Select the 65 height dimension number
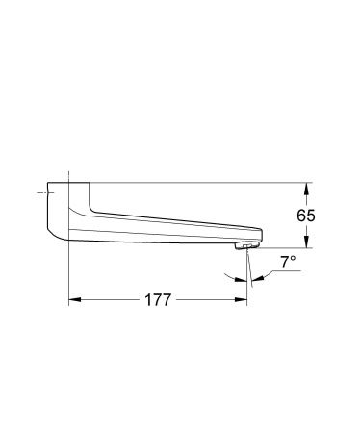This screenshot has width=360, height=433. (x=306, y=216)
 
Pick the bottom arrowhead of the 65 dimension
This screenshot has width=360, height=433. (x=306, y=243)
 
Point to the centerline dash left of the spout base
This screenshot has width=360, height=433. (x=41, y=195)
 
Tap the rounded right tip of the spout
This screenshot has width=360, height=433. (x=261, y=234)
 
